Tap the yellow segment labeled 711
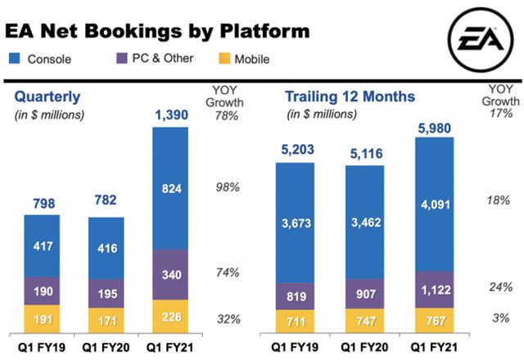pos(296,321)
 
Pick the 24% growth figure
pos(499,288)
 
